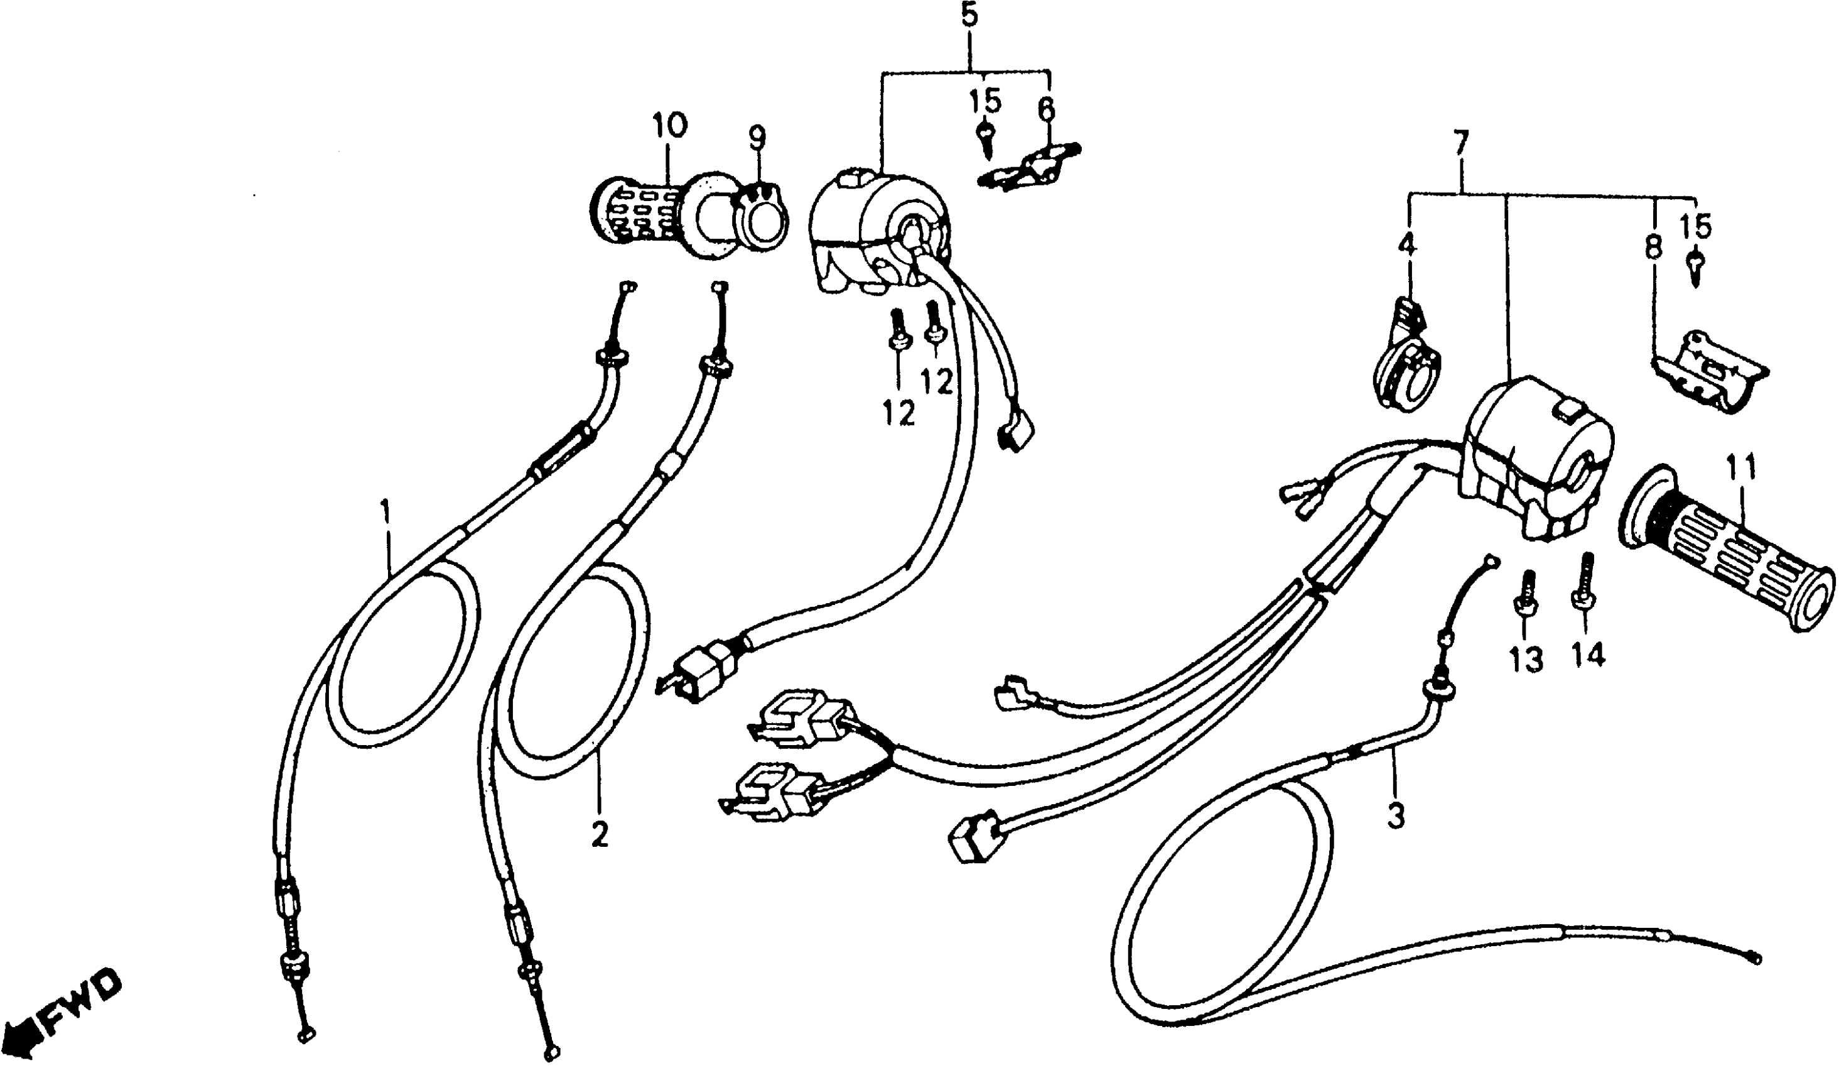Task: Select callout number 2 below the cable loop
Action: (x=599, y=834)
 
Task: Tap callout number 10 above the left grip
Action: (x=670, y=126)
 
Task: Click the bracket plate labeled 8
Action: (x=1708, y=379)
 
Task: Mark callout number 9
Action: (x=757, y=136)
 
